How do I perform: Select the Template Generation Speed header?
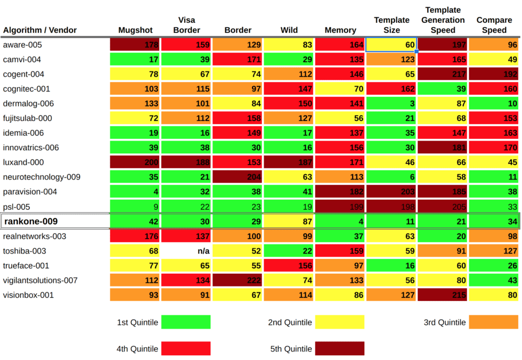pyautogui.click(x=443, y=20)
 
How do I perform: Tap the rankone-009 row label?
pyautogui.click(x=31, y=222)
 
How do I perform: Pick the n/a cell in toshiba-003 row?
pyautogui.click(x=185, y=251)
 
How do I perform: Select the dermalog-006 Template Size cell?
pyautogui.click(x=391, y=104)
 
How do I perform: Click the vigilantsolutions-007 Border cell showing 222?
pyautogui.click(x=237, y=280)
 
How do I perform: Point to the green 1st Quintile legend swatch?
pyautogui.click(x=186, y=322)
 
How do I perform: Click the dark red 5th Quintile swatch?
pyautogui.click(x=340, y=349)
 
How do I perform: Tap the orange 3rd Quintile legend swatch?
pyautogui.click(x=494, y=322)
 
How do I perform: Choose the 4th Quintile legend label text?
pyautogui.click(x=137, y=349)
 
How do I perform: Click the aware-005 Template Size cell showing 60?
pyautogui.click(x=391, y=45)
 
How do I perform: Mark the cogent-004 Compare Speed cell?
pyautogui.click(x=494, y=75)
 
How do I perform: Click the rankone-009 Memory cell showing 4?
pyautogui.click(x=340, y=222)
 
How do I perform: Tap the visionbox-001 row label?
pyautogui.click(x=28, y=295)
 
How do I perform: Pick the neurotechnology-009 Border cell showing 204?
pyautogui.click(x=237, y=177)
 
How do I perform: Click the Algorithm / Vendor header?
pyautogui.click(x=40, y=30)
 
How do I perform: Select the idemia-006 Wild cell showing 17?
pyautogui.click(x=289, y=133)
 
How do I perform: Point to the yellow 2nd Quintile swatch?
pyautogui.click(x=340, y=322)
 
